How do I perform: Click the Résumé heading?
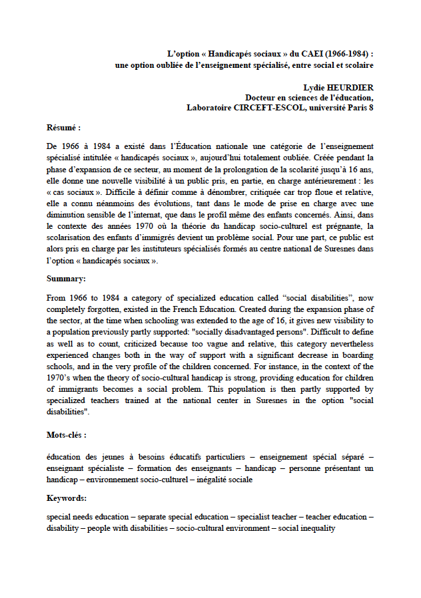(63, 126)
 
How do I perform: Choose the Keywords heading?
(67, 498)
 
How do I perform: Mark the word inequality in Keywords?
(315, 528)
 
